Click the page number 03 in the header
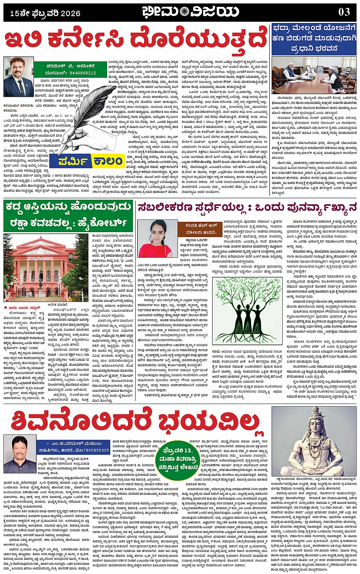344,12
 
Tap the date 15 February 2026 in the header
45,13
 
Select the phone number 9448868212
80,73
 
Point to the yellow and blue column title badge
91,161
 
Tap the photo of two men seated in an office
314,75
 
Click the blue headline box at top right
314,38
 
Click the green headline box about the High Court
68,215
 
